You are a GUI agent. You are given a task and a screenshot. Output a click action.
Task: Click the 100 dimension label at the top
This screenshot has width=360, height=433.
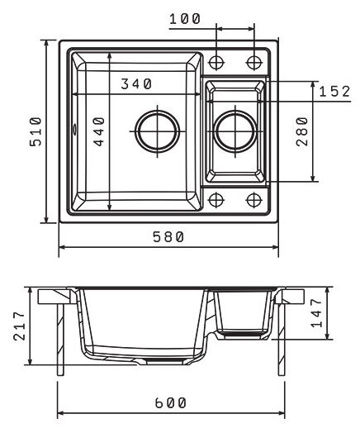(x=185, y=19)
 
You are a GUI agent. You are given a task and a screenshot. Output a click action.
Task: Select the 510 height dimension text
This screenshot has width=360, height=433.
(x=36, y=131)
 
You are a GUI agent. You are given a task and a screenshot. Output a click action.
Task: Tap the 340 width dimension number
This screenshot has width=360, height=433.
(x=136, y=84)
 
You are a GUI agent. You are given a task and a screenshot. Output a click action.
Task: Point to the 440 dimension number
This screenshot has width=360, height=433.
(x=99, y=131)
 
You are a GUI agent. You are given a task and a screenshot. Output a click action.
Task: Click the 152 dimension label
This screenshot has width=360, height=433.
(x=334, y=92)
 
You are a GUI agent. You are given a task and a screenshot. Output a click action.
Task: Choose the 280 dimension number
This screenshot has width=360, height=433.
(x=302, y=131)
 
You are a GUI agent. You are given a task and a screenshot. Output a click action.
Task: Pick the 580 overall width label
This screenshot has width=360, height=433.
(x=168, y=236)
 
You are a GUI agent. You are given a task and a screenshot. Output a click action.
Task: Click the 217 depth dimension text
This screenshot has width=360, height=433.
(x=19, y=326)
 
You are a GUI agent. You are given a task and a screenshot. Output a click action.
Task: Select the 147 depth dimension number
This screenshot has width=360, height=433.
(x=316, y=313)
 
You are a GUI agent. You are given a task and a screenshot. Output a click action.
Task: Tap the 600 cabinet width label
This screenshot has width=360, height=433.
(x=170, y=403)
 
